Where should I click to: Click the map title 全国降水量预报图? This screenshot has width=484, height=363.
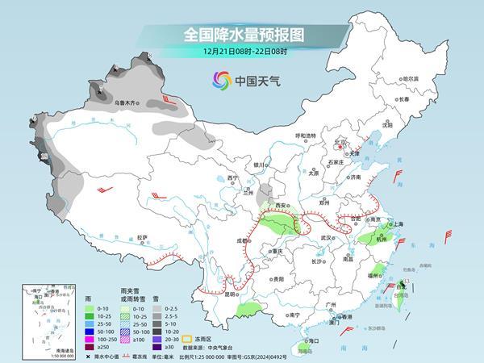(x=241, y=35)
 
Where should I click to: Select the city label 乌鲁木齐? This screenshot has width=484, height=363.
(x=125, y=102)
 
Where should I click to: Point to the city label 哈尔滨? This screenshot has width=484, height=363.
(x=411, y=79)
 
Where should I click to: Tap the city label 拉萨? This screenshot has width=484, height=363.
(x=142, y=237)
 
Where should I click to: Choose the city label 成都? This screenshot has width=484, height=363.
(x=241, y=240)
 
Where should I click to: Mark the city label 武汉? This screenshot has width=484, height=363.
(x=327, y=237)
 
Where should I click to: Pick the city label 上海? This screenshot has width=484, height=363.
(x=397, y=223)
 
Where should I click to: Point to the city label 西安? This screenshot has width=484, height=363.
(x=284, y=207)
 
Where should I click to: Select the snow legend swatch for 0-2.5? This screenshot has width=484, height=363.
(x=158, y=309)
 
